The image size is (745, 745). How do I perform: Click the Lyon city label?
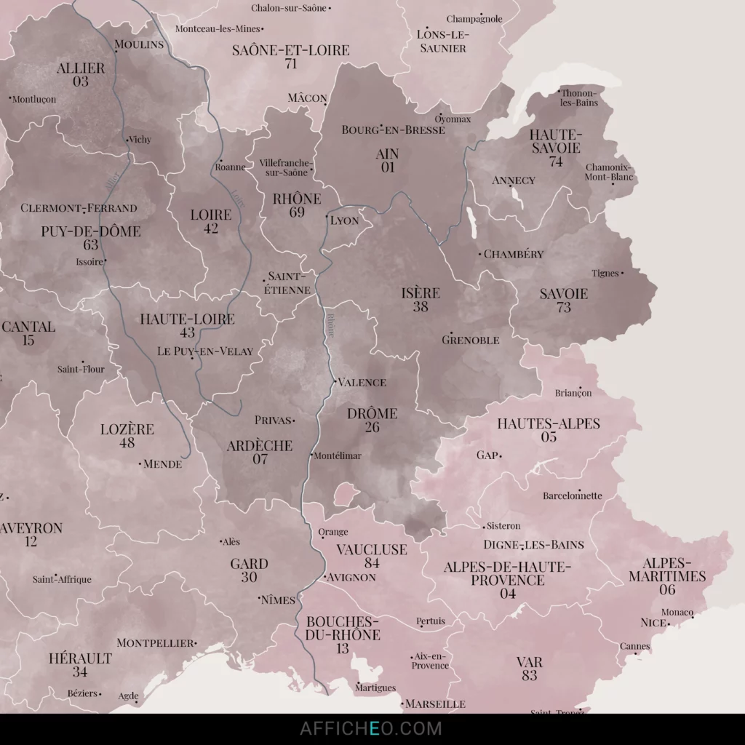pyautogui.click(x=345, y=220)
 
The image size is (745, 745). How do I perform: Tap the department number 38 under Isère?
pyautogui.click(x=421, y=307)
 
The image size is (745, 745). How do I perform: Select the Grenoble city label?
pyautogui.click(x=471, y=340)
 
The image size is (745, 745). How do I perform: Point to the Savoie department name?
pyautogui.click(x=564, y=294)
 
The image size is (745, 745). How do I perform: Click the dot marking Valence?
pyautogui.click(x=334, y=381)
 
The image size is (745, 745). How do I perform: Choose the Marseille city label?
pyautogui.click(x=435, y=704)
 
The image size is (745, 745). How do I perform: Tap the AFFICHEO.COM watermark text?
pyautogui.click(x=371, y=728)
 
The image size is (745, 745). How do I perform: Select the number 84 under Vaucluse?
pyautogui.click(x=372, y=563)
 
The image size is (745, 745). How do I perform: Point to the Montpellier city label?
pyautogui.click(x=156, y=643)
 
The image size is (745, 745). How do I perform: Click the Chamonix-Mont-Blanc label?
pyautogui.click(x=610, y=172)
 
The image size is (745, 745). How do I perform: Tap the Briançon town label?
pyautogui.click(x=573, y=393)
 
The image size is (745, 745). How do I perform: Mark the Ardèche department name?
pyautogui.click(x=260, y=446)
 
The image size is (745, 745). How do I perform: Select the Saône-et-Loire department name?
pyautogui.click(x=291, y=50)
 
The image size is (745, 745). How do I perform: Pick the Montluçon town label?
pyautogui.click(x=34, y=99)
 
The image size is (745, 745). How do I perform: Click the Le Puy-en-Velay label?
pyautogui.click(x=205, y=351)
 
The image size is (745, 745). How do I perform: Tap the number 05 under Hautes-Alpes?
pyautogui.click(x=549, y=437)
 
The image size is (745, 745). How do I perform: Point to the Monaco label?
pyautogui.click(x=677, y=612)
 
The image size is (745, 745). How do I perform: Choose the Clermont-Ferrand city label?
pyautogui.click(x=79, y=208)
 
